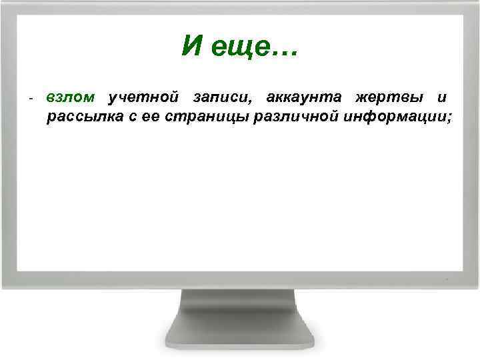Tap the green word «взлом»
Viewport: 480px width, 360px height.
[x=71, y=98]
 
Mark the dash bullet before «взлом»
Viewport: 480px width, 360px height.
[x=31, y=99]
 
